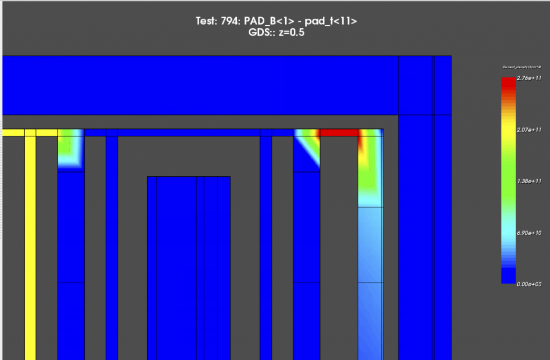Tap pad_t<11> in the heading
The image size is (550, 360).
(x=330, y=22)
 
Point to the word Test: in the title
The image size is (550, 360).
(x=207, y=22)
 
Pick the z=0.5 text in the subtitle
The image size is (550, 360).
(x=291, y=32)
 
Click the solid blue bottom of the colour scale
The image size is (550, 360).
(x=508, y=275)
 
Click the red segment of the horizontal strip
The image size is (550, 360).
(x=339, y=132)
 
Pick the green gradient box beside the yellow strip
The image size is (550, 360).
(x=71, y=150)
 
